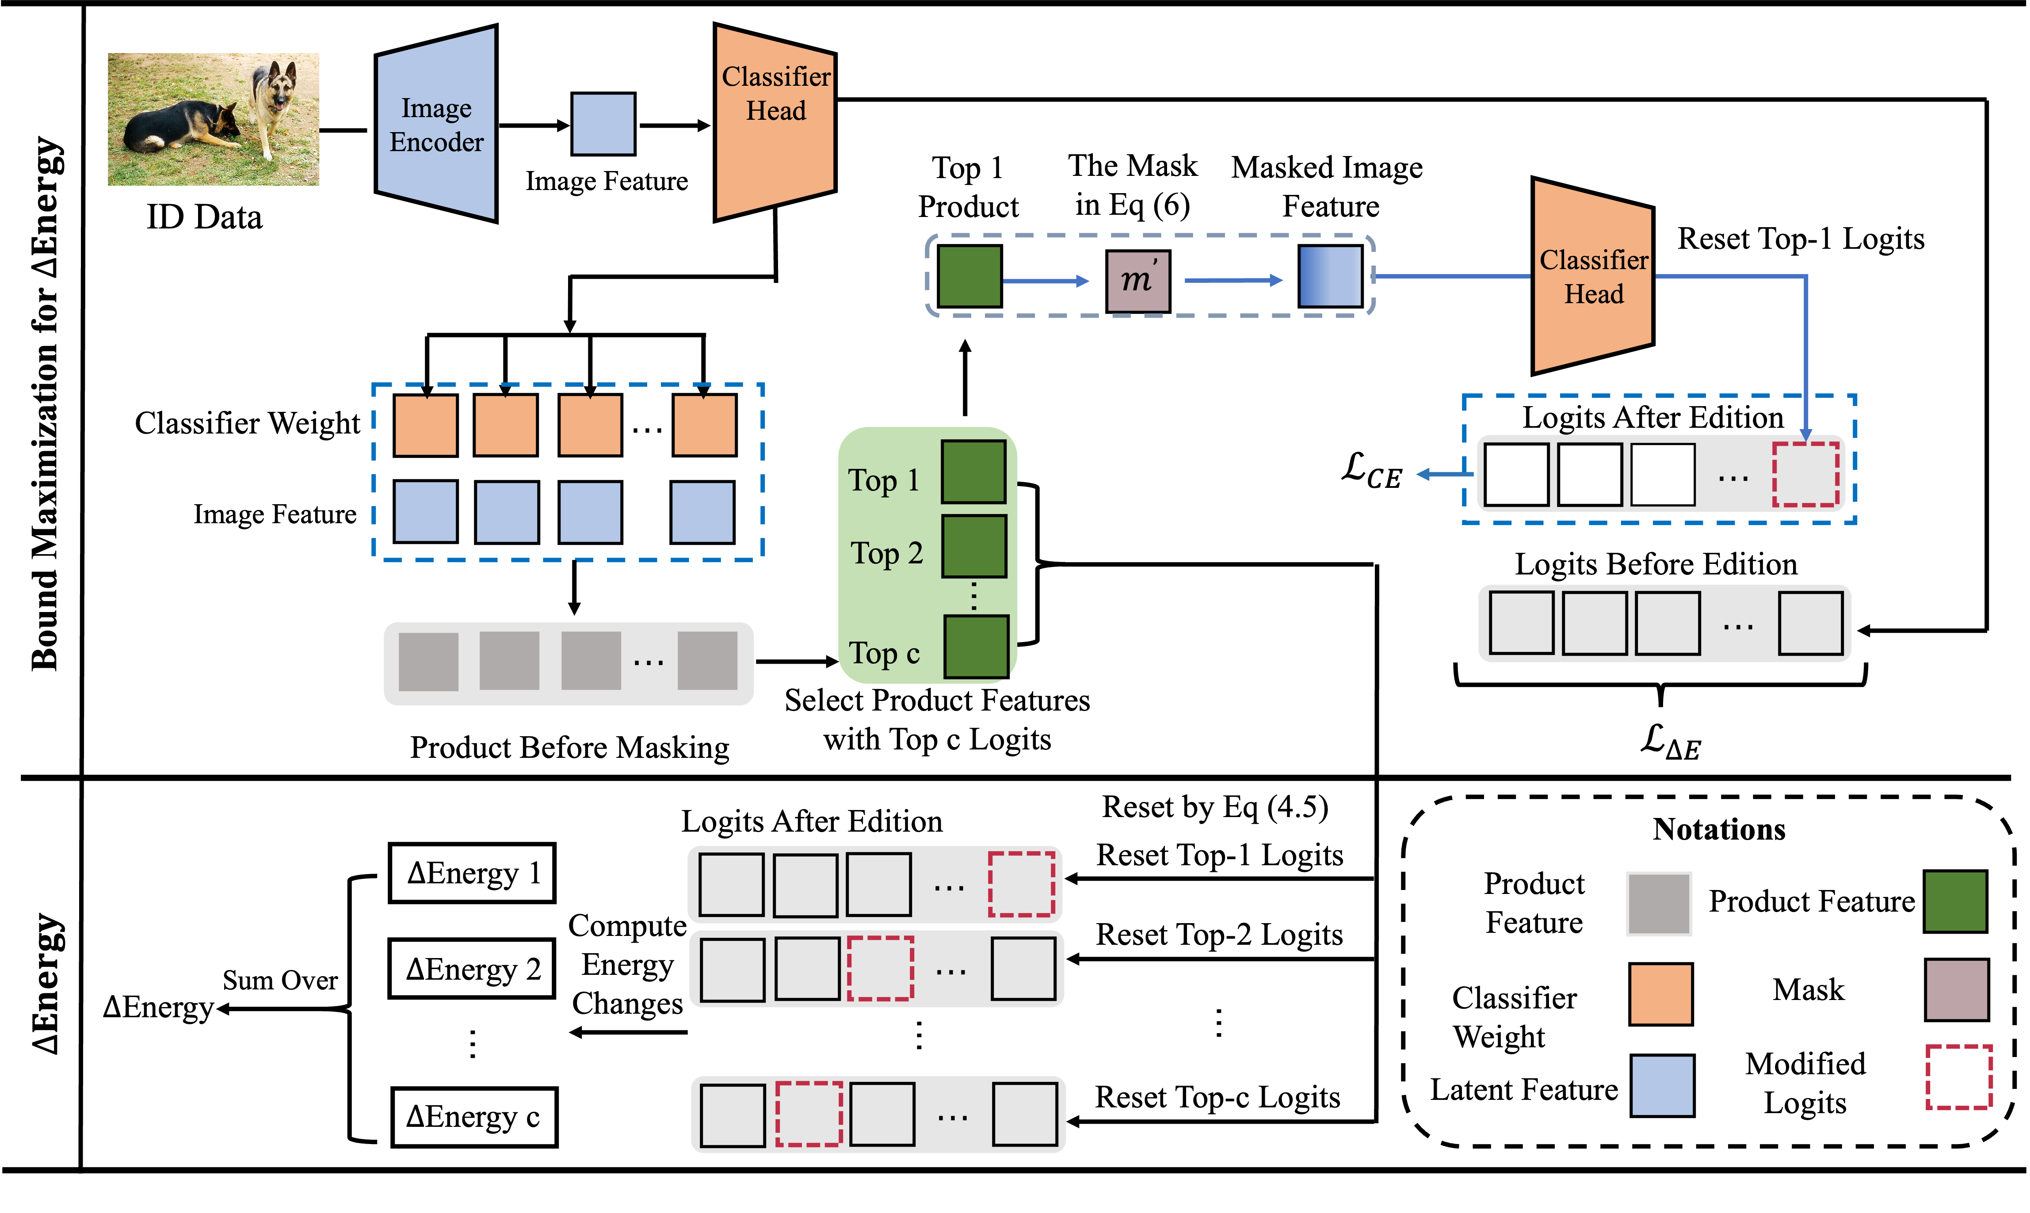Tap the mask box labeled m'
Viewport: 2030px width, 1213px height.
tap(1138, 280)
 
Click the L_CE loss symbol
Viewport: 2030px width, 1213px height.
tap(1371, 472)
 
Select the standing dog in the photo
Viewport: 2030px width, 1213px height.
tap(271, 106)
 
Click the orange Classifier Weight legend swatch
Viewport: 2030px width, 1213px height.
tap(1660, 993)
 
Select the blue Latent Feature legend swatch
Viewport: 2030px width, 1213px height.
tap(1662, 1085)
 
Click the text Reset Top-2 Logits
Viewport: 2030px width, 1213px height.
tap(1219, 934)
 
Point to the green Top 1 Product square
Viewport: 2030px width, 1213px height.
tap(969, 276)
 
